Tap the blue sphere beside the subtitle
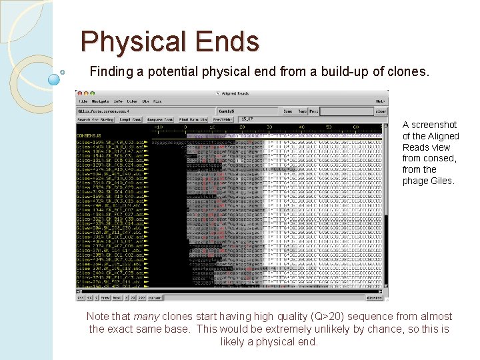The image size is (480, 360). pos(55,79)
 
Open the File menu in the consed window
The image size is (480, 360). pos(83,101)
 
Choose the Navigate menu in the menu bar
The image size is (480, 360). pos(99,101)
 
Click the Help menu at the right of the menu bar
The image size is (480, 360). pos(380,101)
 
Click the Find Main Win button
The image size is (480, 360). pos(193,119)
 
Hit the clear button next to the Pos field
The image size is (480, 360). pos(380,111)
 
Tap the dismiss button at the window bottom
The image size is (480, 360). pos(375,298)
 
